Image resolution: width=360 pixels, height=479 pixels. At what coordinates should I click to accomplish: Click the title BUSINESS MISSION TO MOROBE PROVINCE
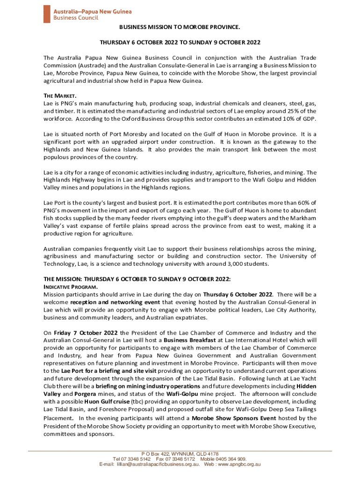pos(180,28)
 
